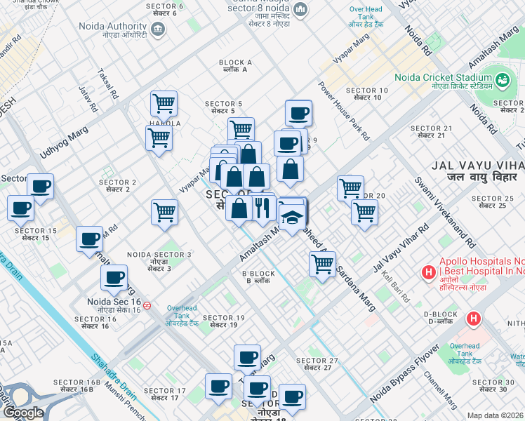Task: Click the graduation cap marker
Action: point(292,216)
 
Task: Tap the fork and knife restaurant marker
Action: point(262,207)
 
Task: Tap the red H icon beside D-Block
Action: point(474,319)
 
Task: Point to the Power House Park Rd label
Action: point(343,110)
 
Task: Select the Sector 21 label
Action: point(431,131)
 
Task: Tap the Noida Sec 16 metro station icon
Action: point(147,305)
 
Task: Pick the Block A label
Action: point(235,66)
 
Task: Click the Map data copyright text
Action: point(496,415)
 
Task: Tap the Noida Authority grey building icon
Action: point(157,29)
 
